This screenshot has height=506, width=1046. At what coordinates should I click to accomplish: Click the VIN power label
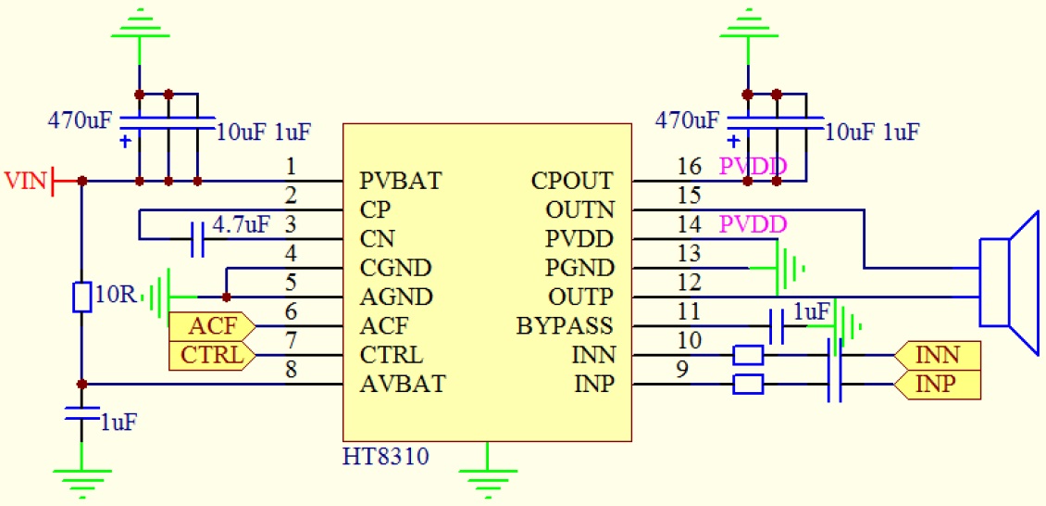[25, 179]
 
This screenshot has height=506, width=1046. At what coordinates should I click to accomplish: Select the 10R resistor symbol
[81, 297]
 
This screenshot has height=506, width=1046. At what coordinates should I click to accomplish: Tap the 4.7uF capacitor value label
[241, 224]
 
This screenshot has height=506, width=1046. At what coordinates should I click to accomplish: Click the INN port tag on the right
[937, 355]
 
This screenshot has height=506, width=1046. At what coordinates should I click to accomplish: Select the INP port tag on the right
[937, 384]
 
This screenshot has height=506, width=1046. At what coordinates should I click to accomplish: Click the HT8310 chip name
[386, 457]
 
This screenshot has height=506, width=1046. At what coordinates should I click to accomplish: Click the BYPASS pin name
[565, 326]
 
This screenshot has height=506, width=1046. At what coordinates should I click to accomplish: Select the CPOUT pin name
[572, 180]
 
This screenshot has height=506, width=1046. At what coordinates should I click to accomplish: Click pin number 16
[690, 167]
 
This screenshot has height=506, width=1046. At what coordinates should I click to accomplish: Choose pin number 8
[292, 371]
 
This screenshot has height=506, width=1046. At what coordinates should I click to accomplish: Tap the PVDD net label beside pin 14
[753, 224]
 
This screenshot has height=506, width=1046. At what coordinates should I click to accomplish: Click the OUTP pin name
[579, 297]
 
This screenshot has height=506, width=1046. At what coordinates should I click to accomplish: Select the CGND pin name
[395, 268]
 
